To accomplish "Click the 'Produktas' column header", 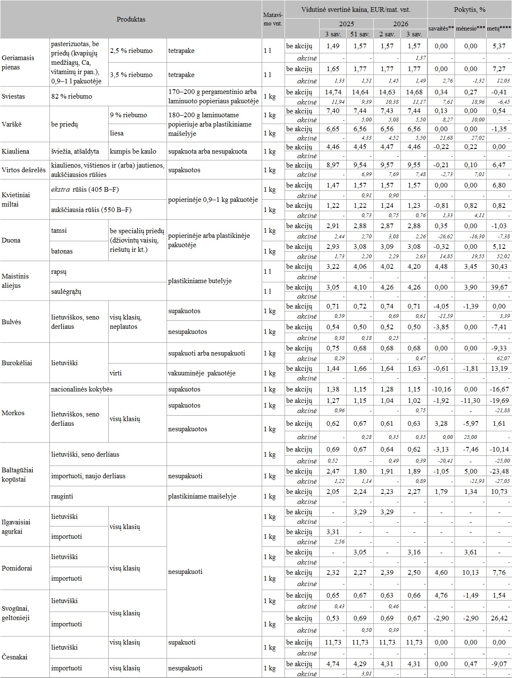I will pyautogui.click(x=131, y=19).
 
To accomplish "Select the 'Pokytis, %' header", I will pyautogui.click(x=470, y=9).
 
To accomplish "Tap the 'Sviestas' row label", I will pyautogui.click(x=14, y=96).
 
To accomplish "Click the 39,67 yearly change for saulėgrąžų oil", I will pyautogui.click(x=499, y=287).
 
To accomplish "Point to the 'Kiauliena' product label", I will pyautogui.click(x=15, y=152).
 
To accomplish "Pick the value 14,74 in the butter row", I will pyautogui.click(x=333, y=92).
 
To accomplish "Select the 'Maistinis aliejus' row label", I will pyautogui.click(x=16, y=281).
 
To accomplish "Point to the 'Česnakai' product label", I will pyautogui.click(x=15, y=657).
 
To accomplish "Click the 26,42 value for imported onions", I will pyautogui.click(x=499, y=618).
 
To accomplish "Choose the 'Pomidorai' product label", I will pyautogui.click(x=17, y=568).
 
